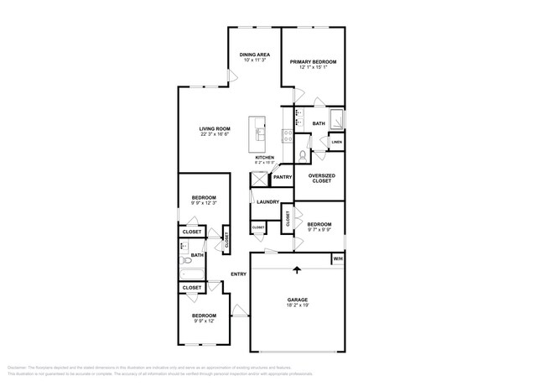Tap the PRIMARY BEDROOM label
tap(313, 62)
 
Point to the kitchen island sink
tap(260, 133)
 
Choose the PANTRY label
tap(282, 177)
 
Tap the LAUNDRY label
tap(267, 202)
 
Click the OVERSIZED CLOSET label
tap(323, 179)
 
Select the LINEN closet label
tap(335, 142)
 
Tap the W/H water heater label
tap(338, 259)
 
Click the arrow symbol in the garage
tap(297, 270)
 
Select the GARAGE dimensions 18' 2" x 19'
tap(297, 305)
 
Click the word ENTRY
tap(239, 274)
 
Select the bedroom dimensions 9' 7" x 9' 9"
tap(319, 229)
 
